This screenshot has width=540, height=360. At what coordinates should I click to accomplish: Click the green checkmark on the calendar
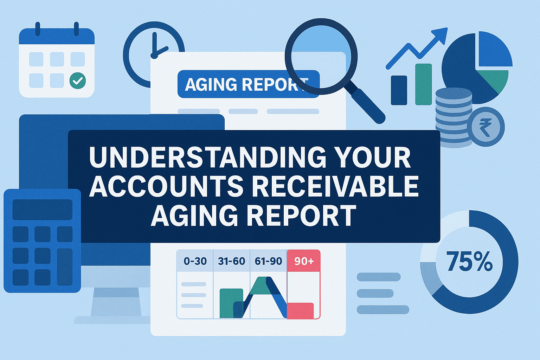pos(78,81)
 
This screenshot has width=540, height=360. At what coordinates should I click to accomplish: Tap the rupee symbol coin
pos(488,127)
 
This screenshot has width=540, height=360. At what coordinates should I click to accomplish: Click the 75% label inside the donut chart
pos(469,262)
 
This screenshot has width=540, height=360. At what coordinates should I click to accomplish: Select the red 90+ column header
pos(304,261)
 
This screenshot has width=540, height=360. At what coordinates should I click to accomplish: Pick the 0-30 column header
pos(195,261)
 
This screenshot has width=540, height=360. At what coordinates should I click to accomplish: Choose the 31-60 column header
pos(231,261)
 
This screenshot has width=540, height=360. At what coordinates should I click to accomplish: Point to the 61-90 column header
pos(268,261)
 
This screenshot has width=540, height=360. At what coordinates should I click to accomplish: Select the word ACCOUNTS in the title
pos(166,186)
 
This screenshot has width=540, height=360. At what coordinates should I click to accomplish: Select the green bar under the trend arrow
pos(423,84)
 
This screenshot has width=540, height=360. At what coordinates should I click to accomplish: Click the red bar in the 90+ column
pos(300,310)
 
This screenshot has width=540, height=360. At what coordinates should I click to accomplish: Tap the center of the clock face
pos(154,56)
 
